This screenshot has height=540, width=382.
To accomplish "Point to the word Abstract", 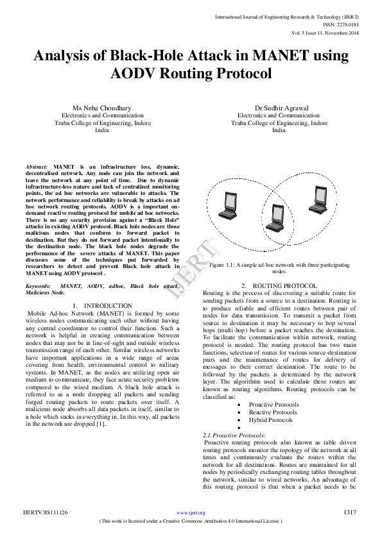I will click(x=35, y=165).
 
